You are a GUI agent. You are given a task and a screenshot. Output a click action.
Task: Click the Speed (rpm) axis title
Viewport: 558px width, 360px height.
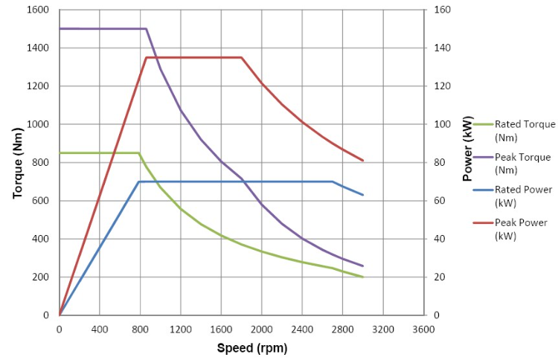(252, 347)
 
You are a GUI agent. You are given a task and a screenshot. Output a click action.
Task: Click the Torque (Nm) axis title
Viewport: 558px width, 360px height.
(18, 163)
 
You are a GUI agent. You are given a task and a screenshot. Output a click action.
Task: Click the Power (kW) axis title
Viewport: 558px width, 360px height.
(468, 148)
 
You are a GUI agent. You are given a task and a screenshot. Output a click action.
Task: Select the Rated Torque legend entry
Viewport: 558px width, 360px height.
(514, 131)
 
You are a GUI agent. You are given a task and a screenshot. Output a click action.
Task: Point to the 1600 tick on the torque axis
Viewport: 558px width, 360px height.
(38, 10)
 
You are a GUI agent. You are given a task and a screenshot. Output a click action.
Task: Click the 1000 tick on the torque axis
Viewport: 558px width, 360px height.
(38, 124)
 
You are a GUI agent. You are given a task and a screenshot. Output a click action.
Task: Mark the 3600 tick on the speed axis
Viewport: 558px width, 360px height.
(423, 330)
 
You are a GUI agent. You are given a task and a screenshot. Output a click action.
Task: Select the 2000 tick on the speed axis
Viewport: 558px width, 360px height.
(262, 330)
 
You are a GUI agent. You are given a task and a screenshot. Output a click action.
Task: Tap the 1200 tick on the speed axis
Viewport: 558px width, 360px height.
(181, 330)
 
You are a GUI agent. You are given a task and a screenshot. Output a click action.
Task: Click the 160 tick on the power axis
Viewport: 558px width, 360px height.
(442, 10)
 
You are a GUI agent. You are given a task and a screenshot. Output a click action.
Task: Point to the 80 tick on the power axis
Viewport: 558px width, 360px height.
(440, 163)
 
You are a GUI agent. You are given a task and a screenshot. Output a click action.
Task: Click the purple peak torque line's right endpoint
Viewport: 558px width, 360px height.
(363, 266)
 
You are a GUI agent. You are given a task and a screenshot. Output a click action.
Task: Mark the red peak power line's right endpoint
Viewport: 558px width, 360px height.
(363, 161)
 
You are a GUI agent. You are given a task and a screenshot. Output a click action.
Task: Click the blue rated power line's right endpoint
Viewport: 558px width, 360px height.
(363, 195)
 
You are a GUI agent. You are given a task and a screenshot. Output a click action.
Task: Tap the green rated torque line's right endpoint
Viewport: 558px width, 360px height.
(363, 277)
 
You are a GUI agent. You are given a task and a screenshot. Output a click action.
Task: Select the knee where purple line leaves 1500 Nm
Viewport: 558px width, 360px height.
(147, 29)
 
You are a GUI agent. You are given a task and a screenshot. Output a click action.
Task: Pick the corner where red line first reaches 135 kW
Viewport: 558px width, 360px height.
(146, 57)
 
